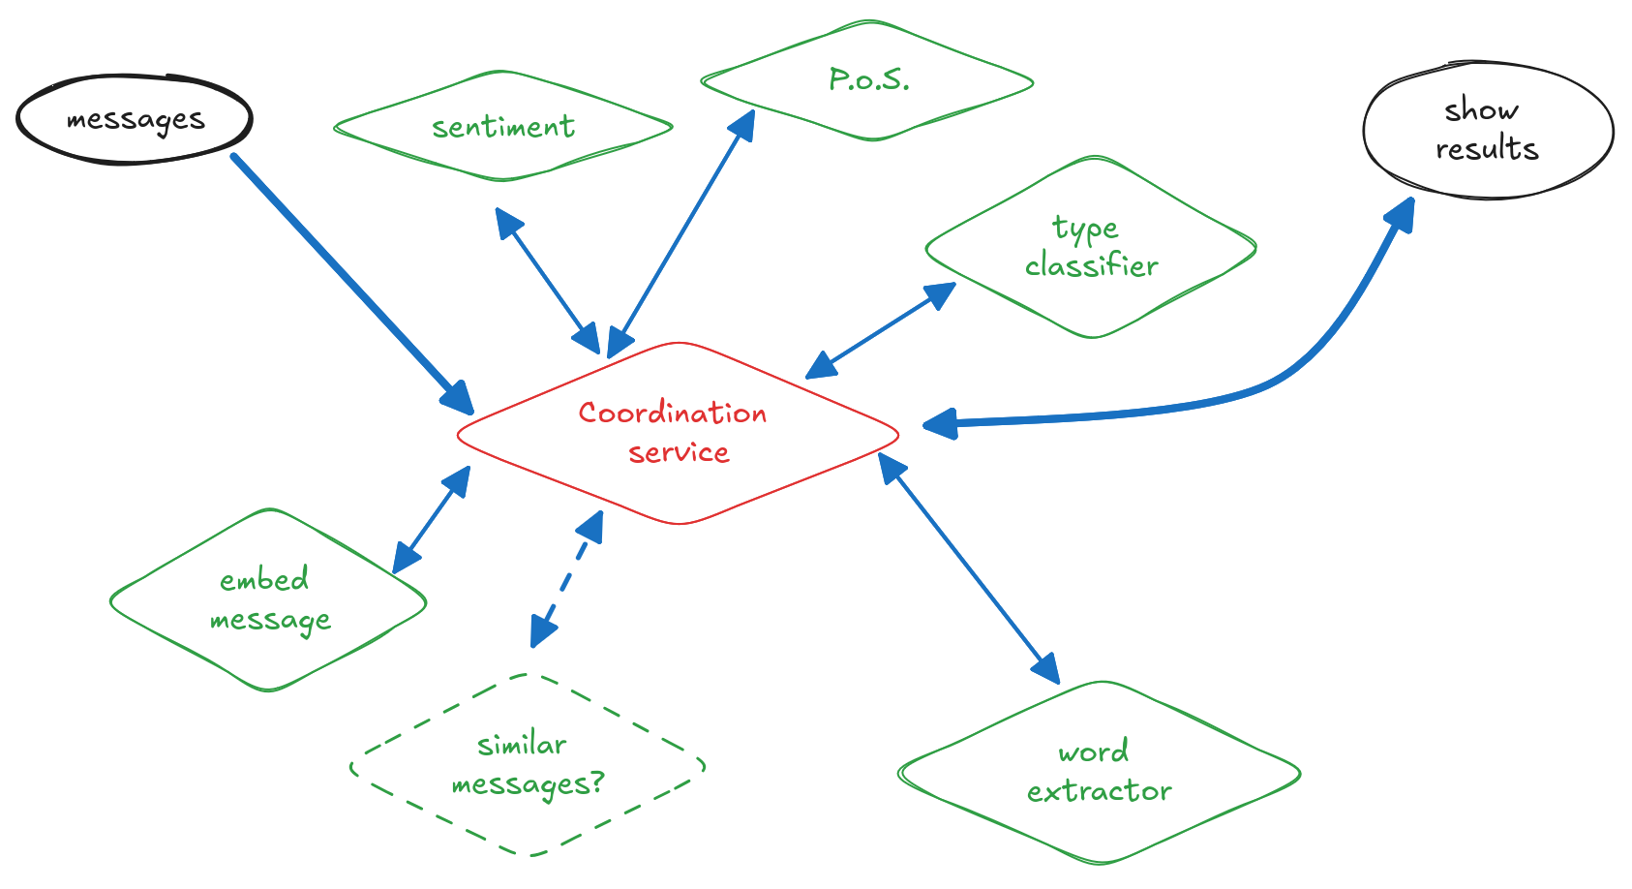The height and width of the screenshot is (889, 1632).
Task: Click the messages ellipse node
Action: tap(135, 119)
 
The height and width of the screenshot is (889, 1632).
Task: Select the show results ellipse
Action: tap(1488, 130)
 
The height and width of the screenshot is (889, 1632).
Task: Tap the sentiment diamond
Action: tap(502, 127)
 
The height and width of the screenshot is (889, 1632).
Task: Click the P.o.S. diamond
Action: tap(868, 80)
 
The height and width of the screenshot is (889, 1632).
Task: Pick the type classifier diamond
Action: tap(1091, 247)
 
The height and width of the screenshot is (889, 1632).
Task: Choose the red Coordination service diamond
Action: tap(678, 433)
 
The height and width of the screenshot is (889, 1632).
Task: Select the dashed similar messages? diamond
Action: tap(528, 765)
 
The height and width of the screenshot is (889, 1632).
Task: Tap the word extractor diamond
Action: tap(1100, 773)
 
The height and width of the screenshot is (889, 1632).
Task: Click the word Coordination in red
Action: tap(673, 414)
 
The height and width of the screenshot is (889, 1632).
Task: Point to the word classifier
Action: tap(1092, 266)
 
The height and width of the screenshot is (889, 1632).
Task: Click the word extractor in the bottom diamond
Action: tap(1100, 792)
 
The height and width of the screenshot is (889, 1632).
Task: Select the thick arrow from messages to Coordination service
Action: tap(348, 279)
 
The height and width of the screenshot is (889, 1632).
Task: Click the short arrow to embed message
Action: tap(432, 520)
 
